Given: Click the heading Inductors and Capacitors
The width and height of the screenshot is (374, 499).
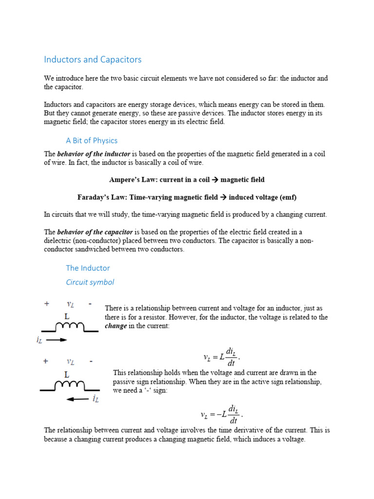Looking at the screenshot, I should point(93,59).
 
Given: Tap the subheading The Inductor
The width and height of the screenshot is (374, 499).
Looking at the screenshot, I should point(88,268).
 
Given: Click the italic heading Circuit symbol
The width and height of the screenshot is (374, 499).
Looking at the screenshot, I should point(90,282).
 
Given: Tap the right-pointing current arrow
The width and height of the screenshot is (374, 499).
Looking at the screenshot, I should point(56,340).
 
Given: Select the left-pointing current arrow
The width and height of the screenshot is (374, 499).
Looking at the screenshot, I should point(78,399).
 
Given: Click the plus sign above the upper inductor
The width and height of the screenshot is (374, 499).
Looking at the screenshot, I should point(47,304).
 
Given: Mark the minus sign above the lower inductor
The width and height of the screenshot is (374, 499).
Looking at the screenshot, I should point(91,362).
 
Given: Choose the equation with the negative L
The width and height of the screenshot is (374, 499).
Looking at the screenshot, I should point(221,415).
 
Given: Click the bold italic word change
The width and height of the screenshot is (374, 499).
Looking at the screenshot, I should point(116,326).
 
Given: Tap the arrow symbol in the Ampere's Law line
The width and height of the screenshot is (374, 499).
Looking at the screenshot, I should point(214,180).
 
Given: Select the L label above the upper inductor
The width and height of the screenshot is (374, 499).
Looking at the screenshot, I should point(67,316).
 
